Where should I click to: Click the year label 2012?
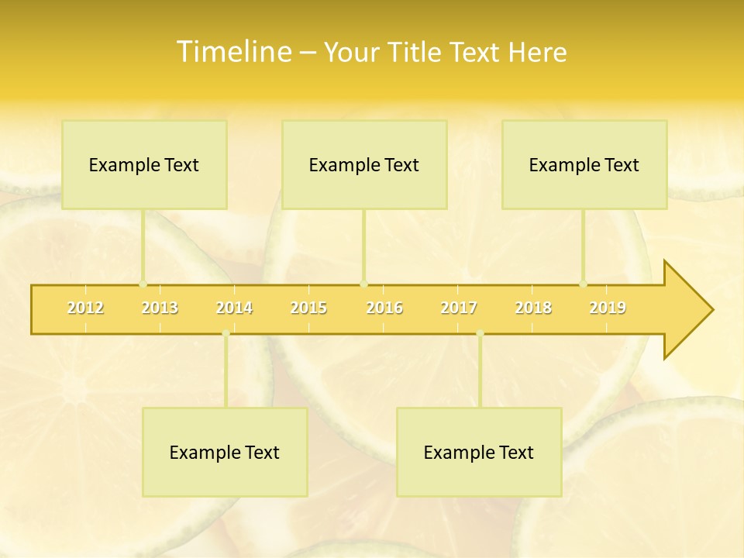click(x=85, y=308)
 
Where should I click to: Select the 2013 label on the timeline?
click(x=160, y=308)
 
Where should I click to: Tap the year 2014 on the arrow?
click(x=234, y=308)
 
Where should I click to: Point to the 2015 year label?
click(x=308, y=308)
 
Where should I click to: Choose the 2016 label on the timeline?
click(x=384, y=308)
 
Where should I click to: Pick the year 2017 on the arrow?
click(x=459, y=308)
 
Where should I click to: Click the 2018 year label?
click(x=533, y=308)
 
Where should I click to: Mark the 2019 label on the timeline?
click(x=608, y=308)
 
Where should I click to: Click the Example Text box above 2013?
click(x=144, y=164)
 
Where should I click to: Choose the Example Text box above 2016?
click(x=364, y=164)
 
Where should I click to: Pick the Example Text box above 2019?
click(x=584, y=164)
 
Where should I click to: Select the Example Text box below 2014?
click(x=225, y=452)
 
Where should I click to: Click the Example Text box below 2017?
click(x=479, y=452)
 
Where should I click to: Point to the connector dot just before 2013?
click(x=143, y=284)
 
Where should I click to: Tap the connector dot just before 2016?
click(x=363, y=284)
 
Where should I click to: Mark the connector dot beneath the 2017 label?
click(x=480, y=333)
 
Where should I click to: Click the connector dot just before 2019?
click(x=584, y=284)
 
